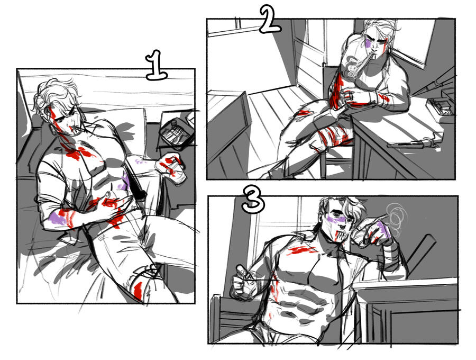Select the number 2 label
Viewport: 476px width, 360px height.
(x=270, y=19)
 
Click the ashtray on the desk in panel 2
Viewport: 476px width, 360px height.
(x=440, y=106)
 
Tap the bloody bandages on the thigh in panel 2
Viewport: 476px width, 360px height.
(x=333, y=136)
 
